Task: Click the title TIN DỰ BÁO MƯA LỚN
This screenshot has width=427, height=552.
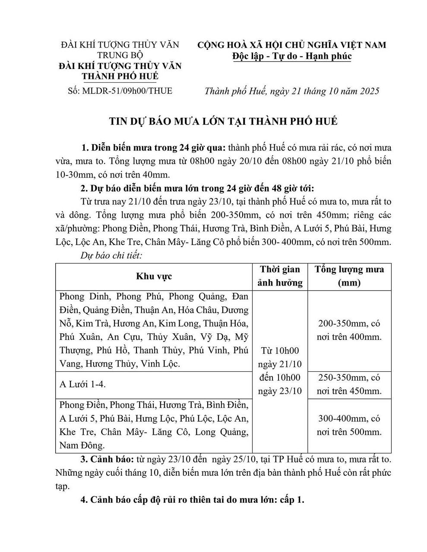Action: (223, 121)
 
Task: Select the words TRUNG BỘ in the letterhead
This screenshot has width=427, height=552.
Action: (120, 55)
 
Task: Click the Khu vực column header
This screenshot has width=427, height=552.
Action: (154, 276)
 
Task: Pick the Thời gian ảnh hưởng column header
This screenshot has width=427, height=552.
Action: (280, 276)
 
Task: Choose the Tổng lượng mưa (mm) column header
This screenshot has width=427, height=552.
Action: (349, 276)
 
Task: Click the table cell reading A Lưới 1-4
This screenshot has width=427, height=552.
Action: (82, 384)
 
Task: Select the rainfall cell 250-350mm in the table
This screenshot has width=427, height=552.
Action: (349, 378)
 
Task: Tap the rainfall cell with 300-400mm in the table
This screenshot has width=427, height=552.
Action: (349, 418)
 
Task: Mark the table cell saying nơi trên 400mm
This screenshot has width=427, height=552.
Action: (349, 337)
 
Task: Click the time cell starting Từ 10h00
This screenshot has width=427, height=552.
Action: (280, 370)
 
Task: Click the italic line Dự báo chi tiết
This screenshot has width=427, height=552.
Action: (111, 255)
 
